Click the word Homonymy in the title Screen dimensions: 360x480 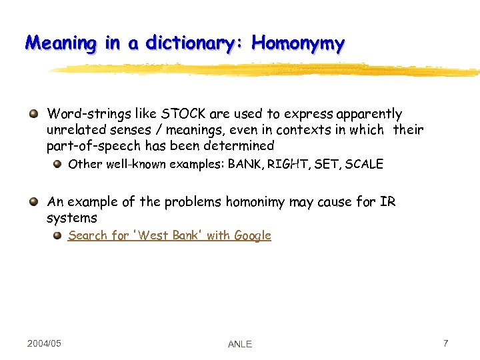point(298,44)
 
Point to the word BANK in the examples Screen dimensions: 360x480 point(245,164)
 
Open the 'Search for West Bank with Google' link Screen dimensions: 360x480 point(169,235)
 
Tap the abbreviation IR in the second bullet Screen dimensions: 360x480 point(387,201)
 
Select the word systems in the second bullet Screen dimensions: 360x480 point(72,218)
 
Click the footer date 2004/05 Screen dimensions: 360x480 point(44,343)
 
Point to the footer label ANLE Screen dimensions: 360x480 point(240,344)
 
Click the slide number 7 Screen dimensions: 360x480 point(445,343)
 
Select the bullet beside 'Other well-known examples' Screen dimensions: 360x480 point(58,164)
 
